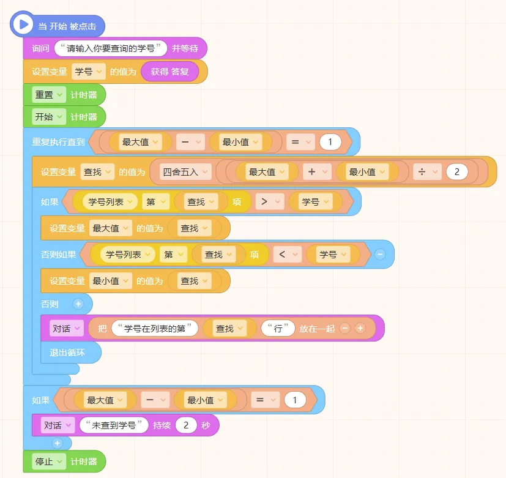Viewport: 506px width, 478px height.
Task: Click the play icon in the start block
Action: [x=24, y=24]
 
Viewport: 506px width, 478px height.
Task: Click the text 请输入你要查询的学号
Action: [x=111, y=48]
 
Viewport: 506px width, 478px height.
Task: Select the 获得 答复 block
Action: [x=169, y=72]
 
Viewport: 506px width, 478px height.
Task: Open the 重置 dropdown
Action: [x=48, y=95]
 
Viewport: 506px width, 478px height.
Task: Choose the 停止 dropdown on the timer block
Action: [x=48, y=461]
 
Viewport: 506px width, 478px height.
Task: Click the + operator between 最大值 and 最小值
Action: [x=316, y=172]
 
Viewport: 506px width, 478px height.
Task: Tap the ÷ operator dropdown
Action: [x=426, y=172]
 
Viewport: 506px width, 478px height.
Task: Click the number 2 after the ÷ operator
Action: [x=456, y=172]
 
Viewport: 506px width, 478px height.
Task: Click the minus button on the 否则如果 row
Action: [x=380, y=254]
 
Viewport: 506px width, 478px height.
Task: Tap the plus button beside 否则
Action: [x=78, y=304]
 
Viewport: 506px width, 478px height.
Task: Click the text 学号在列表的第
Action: [x=154, y=329]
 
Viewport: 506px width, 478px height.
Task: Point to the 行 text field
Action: [x=278, y=329]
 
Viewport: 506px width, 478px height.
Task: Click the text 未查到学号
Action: [x=114, y=425]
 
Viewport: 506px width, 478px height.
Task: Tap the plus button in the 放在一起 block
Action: [x=360, y=329]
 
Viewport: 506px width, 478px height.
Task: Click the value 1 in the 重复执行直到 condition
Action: [x=330, y=142]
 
